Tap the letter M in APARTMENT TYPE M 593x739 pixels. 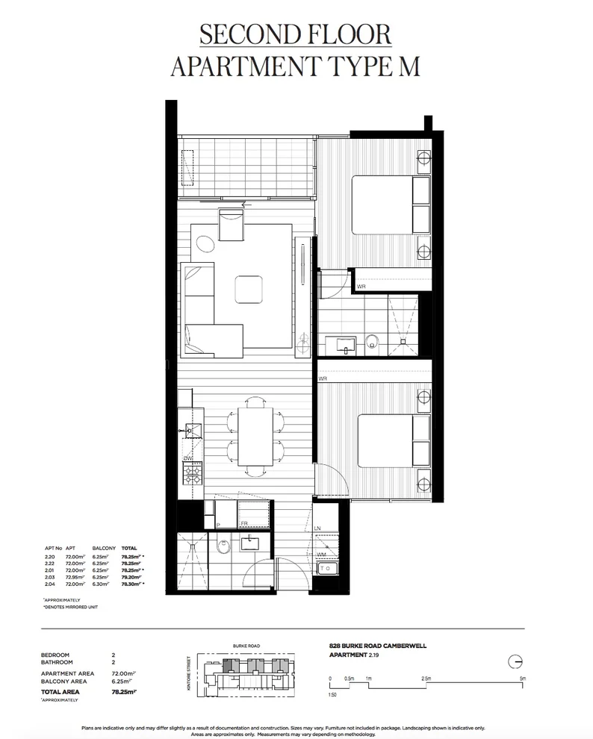(408, 66)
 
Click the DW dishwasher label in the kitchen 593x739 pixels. (188, 458)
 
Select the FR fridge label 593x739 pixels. (244, 525)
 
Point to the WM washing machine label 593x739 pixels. (320, 555)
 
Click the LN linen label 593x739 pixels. (318, 528)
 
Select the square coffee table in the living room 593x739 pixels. (249, 290)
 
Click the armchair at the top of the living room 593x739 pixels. (231, 225)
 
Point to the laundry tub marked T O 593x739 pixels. (327, 568)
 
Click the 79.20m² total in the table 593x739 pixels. (131, 577)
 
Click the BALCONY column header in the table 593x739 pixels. (103, 547)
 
